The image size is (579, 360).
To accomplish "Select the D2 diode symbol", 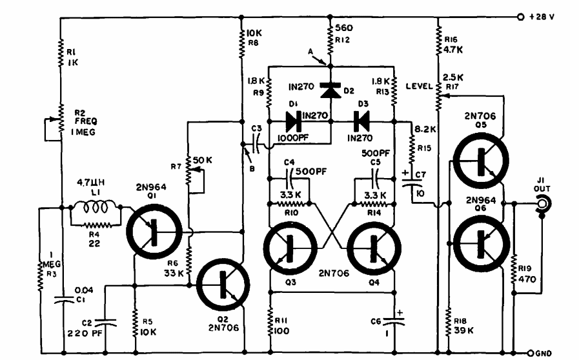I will pos(330,91).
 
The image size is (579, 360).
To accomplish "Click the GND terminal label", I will pos(542,352).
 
